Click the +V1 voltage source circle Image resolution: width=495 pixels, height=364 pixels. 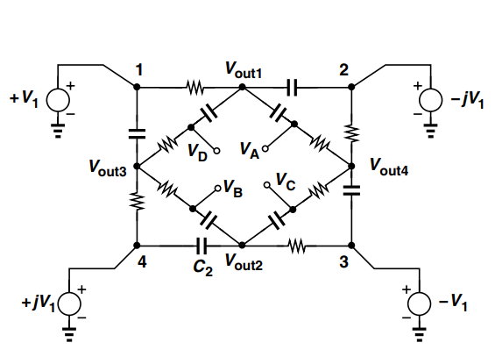pyautogui.click(x=59, y=99)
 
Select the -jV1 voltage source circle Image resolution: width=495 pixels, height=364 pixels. pyautogui.click(x=430, y=99)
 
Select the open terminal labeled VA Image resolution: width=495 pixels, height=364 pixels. pyautogui.click(x=262, y=147)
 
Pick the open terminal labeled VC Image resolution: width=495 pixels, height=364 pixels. pyautogui.click(x=268, y=185)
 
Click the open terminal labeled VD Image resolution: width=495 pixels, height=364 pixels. pyautogui.click(x=215, y=147)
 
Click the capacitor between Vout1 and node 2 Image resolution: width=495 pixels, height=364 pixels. pyautogui.click(x=292, y=87)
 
